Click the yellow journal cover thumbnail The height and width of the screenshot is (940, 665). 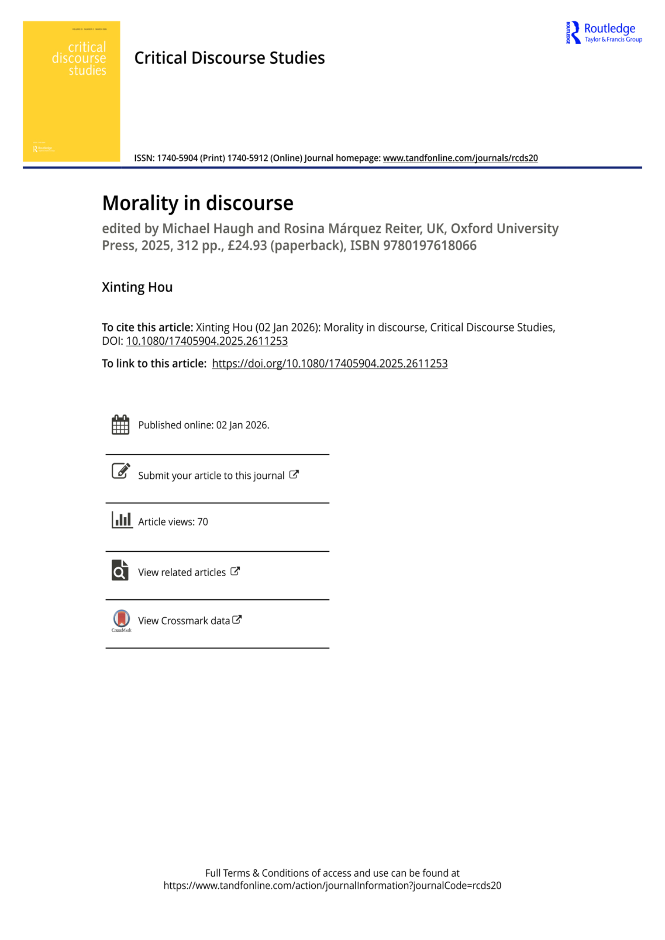point(71,91)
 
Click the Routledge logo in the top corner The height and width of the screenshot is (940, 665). point(604,32)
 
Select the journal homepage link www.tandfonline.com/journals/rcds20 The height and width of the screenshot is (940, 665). point(460,158)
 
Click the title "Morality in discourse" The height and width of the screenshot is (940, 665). point(198,203)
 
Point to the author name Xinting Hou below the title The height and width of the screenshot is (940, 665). point(137,287)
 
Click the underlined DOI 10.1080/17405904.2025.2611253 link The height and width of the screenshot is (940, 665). point(207,341)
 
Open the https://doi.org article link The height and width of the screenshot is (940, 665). point(330,363)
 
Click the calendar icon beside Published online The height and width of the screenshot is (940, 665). point(121,424)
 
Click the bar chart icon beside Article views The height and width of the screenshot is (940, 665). point(122,520)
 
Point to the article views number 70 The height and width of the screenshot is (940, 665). point(203,522)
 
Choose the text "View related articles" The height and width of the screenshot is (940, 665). point(182,573)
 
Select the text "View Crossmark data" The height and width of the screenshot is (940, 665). point(184,621)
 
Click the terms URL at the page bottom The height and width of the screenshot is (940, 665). point(332,886)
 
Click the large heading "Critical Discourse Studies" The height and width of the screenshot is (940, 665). point(229,58)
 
